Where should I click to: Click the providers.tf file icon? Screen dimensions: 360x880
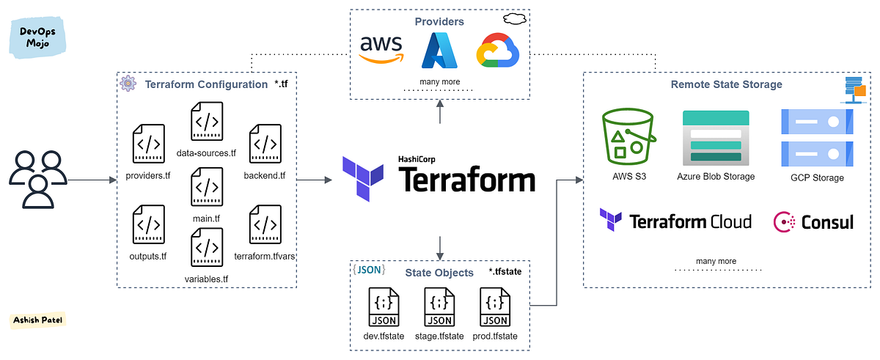coord(148,143)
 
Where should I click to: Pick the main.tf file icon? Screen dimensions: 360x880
coord(207,186)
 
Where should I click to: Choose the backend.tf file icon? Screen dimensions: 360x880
coord(265,143)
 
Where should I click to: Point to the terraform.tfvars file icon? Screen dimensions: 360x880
coord(265,224)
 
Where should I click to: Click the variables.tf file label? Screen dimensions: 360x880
coord(206,279)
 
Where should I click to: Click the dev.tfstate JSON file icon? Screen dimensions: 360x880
coord(385,307)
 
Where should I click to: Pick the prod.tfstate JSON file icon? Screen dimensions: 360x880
coord(495,307)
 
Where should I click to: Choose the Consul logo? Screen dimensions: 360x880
coord(813,221)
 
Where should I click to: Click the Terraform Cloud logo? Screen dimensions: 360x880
coord(675,221)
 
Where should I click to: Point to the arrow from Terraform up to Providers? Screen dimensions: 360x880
coord(440,113)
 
